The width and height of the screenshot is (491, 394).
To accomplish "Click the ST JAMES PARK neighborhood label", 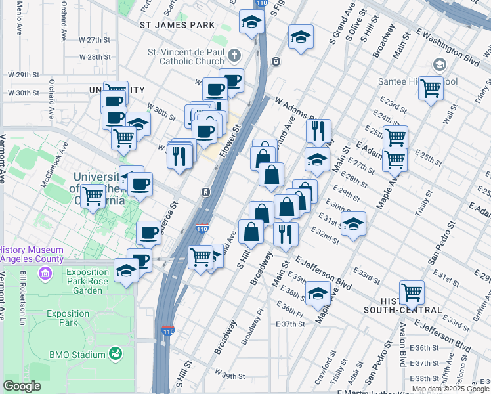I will pos(177,25).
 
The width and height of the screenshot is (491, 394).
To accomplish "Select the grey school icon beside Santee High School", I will pos(439,65).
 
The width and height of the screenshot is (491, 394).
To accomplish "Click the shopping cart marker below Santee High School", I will pos(431,87).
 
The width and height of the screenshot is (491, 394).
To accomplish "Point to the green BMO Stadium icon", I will pos(116,355).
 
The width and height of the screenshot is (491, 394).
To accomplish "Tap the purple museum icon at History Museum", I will pos(44,271).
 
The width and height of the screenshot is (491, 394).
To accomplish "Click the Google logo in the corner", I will pos(22,386).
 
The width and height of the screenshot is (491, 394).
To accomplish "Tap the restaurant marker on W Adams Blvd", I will pos(318,129).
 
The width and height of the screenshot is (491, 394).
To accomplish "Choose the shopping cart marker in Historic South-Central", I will pos(412,291).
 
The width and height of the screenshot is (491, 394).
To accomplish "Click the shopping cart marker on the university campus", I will pos(94,195).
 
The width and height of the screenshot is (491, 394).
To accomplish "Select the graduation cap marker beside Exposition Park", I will pos(126,270).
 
